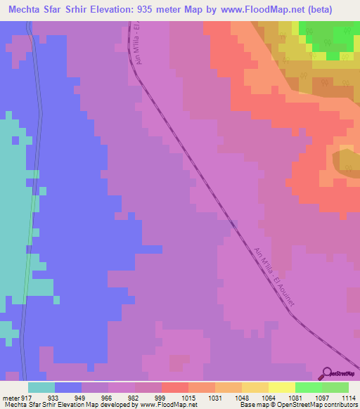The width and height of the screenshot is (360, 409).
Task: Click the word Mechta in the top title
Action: click(27, 10)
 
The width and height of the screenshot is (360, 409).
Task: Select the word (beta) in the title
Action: click(333, 10)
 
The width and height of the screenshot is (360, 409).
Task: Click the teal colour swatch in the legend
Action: click(41, 387)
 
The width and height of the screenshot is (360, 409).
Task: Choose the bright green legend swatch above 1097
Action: click(308, 387)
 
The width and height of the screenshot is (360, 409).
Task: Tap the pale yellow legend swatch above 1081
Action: click(281, 387)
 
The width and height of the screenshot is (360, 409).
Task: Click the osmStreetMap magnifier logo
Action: click(326, 372)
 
